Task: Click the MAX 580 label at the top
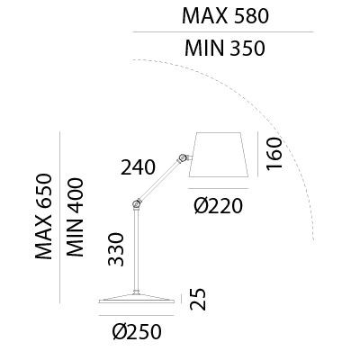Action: pyautogui.click(x=225, y=16)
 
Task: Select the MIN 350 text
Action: pyautogui.click(x=225, y=48)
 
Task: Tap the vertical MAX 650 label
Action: pyautogui.click(x=44, y=216)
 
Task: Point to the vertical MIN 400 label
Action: pyautogui.click(x=75, y=218)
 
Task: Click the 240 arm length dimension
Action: pyautogui.click(x=138, y=167)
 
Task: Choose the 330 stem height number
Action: pyautogui.click(x=116, y=249)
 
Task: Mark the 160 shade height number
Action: pyautogui.click(x=274, y=154)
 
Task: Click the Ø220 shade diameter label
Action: pyautogui.click(x=218, y=206)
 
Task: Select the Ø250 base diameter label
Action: pyautogui.click(x=138, y=332)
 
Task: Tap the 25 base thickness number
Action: pyautogui.click(x=198, y=299)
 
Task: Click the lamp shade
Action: pyautogui.click(x=219, y=154)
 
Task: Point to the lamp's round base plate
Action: pyautogui.click(x=137, y=299)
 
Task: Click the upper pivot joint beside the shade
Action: pyautogui.click(x=182, y=157)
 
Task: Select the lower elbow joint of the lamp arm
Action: pyautogui.click(x=137, y=204)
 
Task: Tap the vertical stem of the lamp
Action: pyautogui.click(x=137, y=250)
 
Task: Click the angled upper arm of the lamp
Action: pyautogui.click(x=159, y=181)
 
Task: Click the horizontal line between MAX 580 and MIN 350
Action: pyautogui.click(x=223, y=31)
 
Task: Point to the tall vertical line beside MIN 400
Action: pyautogui.click(x=60, y=218)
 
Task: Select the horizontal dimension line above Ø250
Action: pyautogui.click(x=137, y=315)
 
